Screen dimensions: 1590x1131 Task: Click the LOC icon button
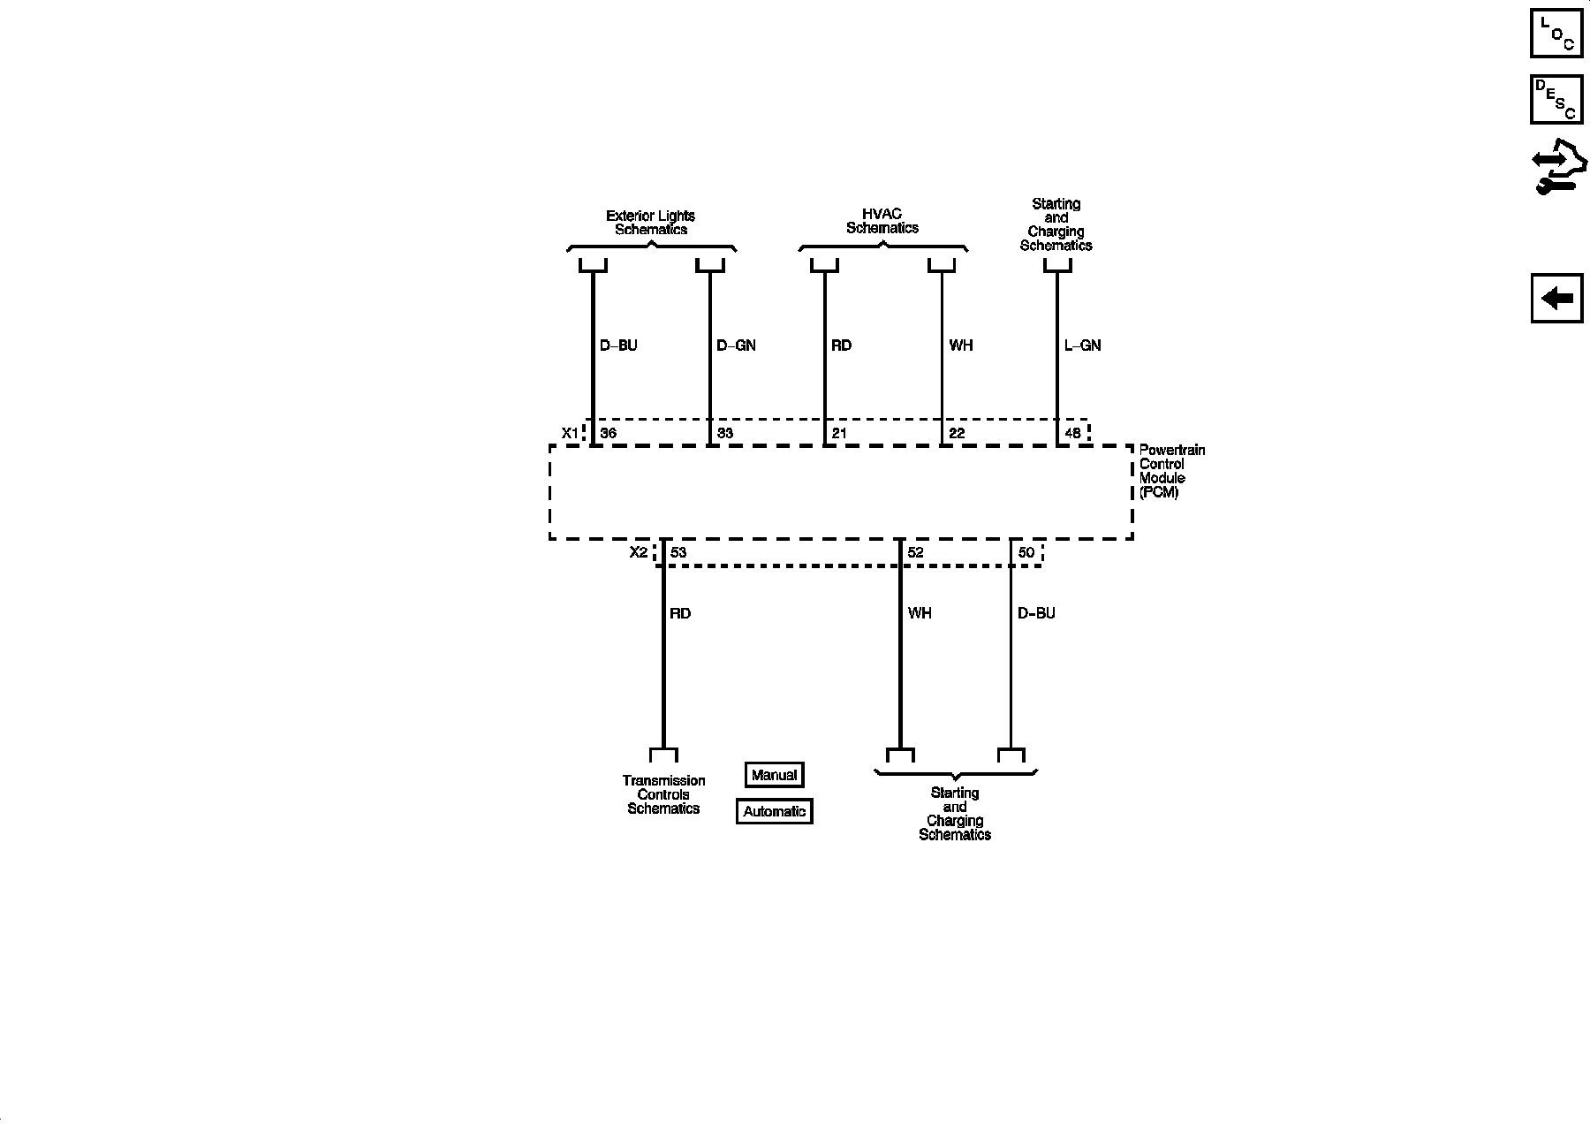(x=1556, y=33)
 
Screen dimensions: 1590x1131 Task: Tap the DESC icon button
(x=1556, y=99)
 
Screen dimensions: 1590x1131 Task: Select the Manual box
(x=774, y=775)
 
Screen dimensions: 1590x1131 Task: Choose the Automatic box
(x=774, y=811)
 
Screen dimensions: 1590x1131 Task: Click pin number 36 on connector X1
(x=608, y=434)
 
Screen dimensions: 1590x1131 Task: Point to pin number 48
(x=1072, y=434)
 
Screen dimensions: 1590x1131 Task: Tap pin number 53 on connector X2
(x=678, y=553)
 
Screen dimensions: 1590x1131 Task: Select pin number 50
(x=1026, y=553)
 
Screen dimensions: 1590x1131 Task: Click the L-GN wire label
(x=1083, y=345)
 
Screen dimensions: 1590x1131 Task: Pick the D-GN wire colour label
(x=736, y=345)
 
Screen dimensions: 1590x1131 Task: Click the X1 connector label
(x=571, y=434)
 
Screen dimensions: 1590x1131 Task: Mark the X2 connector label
(x=639, y=553)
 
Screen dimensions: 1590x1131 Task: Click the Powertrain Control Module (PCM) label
(x=1171, y=471)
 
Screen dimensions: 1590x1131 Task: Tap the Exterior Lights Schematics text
(x=651, y=223)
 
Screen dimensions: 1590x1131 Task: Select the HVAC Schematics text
(x=882, y=221)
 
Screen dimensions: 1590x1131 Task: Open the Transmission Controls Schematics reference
(x=663, y=794)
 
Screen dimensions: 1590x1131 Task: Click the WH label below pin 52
(x=920, y=613)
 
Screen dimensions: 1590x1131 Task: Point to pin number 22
(x=957, y=434)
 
